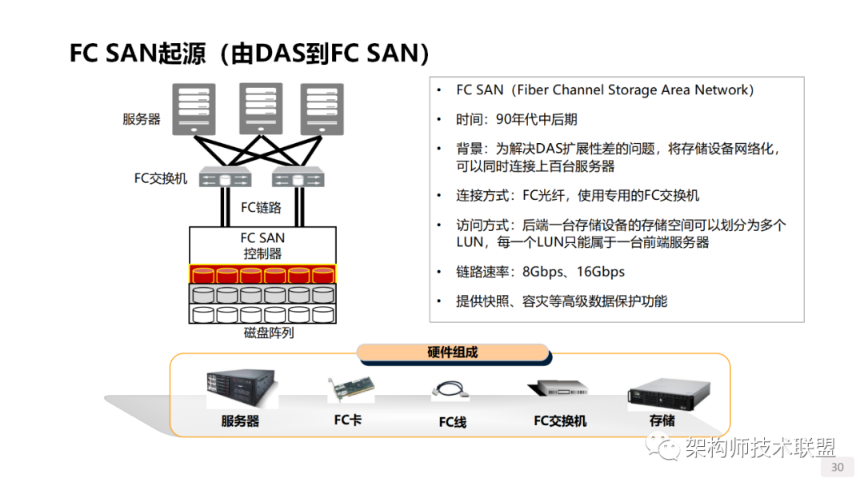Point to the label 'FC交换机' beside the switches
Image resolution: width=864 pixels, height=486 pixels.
[161, 178]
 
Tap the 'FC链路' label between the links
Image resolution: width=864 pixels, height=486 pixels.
[262, 208]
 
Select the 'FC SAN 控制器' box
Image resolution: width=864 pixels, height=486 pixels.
[262, 245]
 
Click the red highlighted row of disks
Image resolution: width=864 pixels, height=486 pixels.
[262, 274]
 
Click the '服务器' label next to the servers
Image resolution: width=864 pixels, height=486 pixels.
[142, 119]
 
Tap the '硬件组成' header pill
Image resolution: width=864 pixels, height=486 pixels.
[453, 353]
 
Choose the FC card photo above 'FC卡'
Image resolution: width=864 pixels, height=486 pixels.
[350, 389]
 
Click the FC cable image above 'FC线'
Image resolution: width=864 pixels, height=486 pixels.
[452, 391]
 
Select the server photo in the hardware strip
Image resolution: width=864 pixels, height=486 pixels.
[240, 389]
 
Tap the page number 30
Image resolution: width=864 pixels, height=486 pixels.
[838, 467]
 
